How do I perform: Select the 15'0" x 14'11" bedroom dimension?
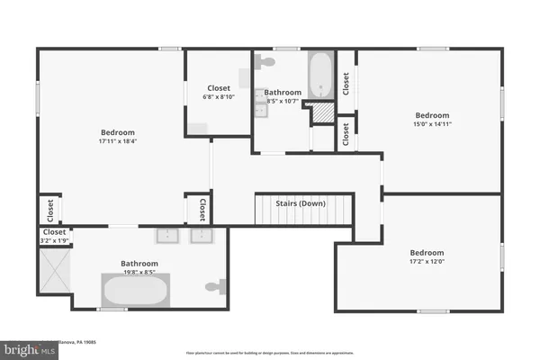tap(432, 124)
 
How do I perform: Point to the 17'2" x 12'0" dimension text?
tap(427, 262)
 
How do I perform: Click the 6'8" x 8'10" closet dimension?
tap(220, 97)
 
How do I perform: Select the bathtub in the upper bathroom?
tap(321, 76)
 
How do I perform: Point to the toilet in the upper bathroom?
tap(265, 62)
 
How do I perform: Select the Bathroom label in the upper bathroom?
tap(283, 93)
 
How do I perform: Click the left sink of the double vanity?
tap(166, 236)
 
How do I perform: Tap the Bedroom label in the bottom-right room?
tap(427, 253)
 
